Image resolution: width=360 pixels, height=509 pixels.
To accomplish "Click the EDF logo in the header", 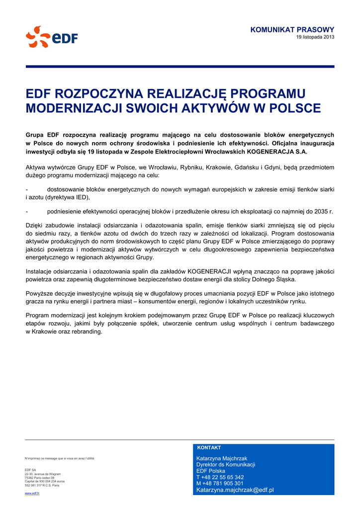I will tap(52, 37).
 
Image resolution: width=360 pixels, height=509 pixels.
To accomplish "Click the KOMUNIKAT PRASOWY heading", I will tap(292, 30).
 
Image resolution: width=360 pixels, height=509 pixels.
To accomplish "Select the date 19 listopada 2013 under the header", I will tap(315, 37).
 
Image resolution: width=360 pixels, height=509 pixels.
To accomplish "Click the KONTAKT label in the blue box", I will tap(209, 448).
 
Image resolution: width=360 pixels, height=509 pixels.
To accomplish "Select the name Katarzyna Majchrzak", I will tap(222, 458).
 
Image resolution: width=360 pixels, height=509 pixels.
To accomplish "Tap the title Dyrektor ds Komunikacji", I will tap(226, 465).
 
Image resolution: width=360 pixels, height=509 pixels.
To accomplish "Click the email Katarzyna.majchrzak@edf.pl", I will tap(235, 490).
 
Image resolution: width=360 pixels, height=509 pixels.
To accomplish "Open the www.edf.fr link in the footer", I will tap(32, 493).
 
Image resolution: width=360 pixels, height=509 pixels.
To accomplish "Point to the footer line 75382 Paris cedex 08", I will tap(40, 478).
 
